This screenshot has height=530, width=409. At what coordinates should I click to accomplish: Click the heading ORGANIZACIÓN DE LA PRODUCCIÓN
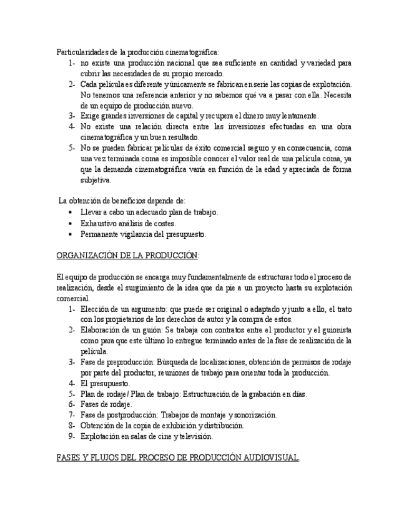(127, 256)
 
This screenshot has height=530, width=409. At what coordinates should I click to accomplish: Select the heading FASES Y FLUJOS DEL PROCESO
(178, 457)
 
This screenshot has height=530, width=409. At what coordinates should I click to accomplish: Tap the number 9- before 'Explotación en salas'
(72, 436)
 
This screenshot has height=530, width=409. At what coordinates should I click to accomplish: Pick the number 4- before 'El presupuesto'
(72, 383)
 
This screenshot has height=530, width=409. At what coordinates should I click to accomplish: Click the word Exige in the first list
(90, 116)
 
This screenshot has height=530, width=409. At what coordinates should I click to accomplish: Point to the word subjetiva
(95, 180)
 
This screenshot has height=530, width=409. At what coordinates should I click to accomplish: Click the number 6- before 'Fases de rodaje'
(72, 404)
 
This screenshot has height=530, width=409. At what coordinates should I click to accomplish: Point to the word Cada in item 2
(89, 84)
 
